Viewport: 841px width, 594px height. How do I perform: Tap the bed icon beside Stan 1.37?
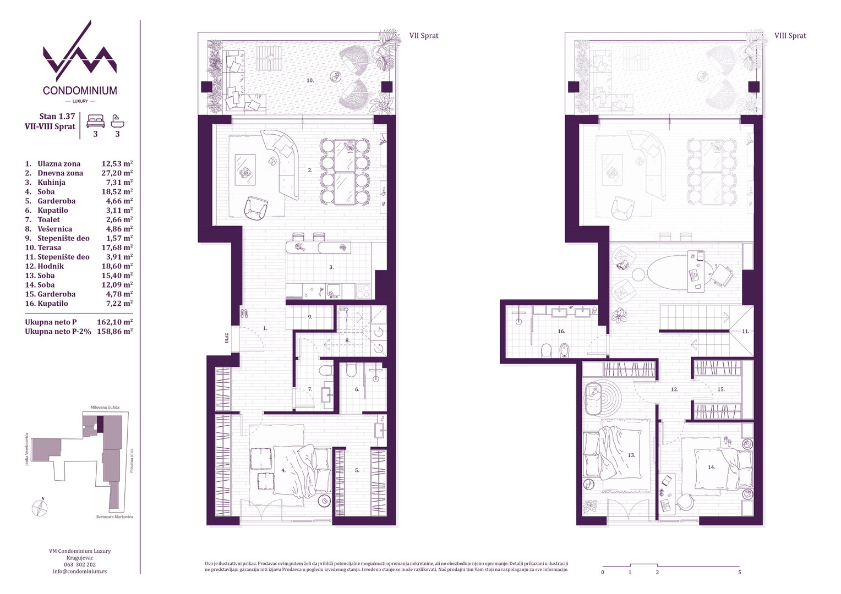tap(95, 121)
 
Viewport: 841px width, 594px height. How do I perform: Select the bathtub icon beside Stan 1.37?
tap(118, 121)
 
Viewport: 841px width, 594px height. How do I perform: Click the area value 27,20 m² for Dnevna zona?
tap(117, 173)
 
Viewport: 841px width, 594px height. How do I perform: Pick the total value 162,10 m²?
tap(115, 322)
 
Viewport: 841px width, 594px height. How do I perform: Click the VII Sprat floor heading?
tap(424, 36)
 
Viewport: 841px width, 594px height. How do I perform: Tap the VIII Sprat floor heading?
tap(790, 36)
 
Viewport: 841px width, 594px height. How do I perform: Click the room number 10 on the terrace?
tap(310, 80)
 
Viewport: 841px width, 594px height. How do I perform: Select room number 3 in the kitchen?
tap(331, 267)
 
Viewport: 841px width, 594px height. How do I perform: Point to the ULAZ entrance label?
tap(227, 338)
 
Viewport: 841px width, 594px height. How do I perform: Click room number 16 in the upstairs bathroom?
tap(561, 331)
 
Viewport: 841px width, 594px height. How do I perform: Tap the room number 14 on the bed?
tap(712, 467)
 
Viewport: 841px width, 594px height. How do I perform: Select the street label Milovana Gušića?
tap(105, 407)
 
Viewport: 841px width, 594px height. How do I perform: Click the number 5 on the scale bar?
tap(740, 572)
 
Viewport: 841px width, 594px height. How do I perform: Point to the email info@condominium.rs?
tap(80, 571)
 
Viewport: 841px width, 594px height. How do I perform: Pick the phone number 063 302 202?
tap(80, 564)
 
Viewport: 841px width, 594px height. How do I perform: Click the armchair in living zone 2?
tap(256, 208)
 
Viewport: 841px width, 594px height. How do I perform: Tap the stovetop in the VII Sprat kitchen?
tap(363, 291)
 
